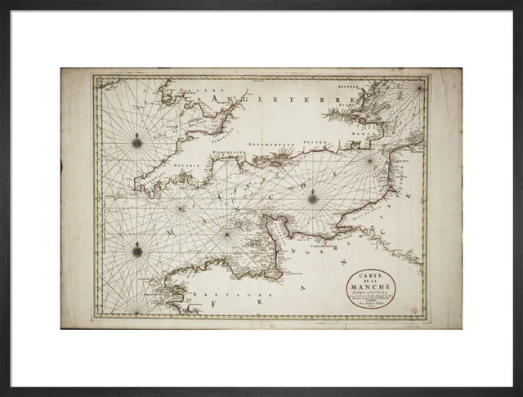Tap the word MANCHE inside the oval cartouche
click(371, 285)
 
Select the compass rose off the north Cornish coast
click(137, 143)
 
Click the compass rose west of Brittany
click(137, 252)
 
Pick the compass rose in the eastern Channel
click(312, 197)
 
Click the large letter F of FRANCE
click(214, 303)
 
